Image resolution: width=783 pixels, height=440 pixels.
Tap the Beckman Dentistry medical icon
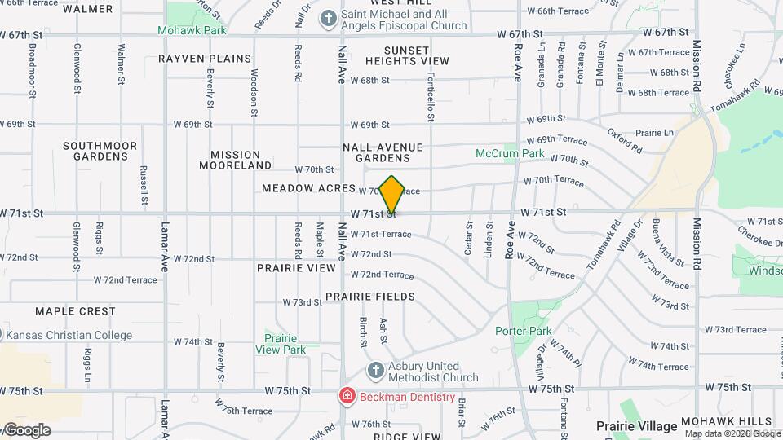(347, 397)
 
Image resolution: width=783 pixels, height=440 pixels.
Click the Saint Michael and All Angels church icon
(328, 18)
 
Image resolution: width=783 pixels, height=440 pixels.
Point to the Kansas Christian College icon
(2, 335)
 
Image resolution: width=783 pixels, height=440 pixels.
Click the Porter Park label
(523, 331)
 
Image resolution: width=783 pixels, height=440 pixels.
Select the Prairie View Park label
(280, 344)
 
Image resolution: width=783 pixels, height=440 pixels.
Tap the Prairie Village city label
(636, 426)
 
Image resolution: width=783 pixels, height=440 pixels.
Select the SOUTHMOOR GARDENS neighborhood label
(100, 151)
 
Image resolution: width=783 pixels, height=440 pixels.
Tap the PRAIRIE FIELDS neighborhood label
(370, 297)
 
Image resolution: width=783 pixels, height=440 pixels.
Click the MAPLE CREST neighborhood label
(75, 311)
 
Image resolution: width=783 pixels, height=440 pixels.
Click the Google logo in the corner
(26, 430)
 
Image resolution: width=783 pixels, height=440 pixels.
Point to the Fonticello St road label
(431, 95)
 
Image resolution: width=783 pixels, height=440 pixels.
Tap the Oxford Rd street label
(625, 141)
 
